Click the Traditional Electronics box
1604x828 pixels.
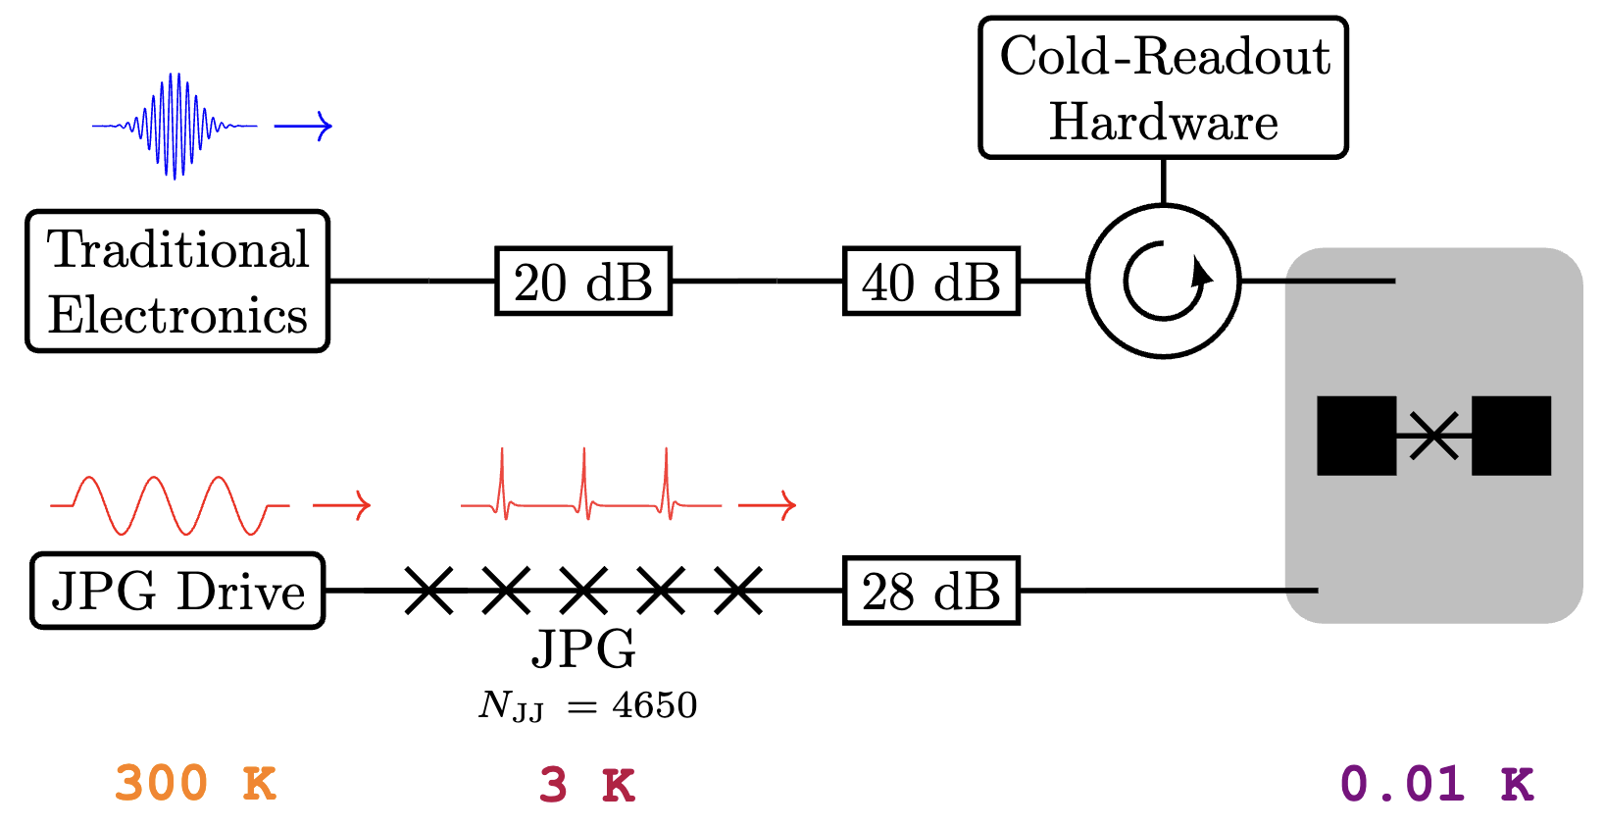pyautogui.click(x=177, y=282)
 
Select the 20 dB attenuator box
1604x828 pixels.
pyautogui.click(x=583, y=282)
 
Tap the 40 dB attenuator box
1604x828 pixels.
pyautogui.click(x=931, y=282)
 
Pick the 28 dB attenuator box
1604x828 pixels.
pyautogui.click(x=931, y=591)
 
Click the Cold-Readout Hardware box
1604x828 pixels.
pyautogui.click(x=1164, y=87)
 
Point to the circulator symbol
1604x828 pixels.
pyautogui.click(x=1164, y=282)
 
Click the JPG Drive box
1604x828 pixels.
pyautogui.click(x=177, y=591)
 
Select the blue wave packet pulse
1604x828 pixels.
pyautogui.click(x=175, y=126)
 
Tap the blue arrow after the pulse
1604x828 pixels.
pyautogui.click(x=303, y=126)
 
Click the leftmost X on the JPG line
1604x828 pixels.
pyautogui.click(x=429, y=591)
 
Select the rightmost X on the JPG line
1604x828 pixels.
pyautogui.click(x=738, y=591)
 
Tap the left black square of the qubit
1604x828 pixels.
pyautogui.click(x=1356, y=436)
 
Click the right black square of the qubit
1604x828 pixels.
pyautogui.click(x=1511, y=436)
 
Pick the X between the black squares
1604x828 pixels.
pyautogui.click(x=1434, y=436)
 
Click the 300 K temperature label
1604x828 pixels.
pyautogui.click(x=196, y=784)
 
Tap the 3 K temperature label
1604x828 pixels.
pyautogui.click(x=587, y=785)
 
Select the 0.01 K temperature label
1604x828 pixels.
pyautogui.click(x=1436, y=784)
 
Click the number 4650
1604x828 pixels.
pyautogui.click(x=655, y=705)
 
